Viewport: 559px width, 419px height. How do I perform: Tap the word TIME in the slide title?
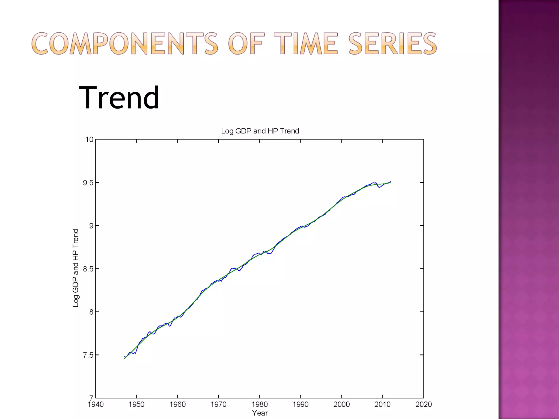306,44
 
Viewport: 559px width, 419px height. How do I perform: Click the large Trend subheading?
119,98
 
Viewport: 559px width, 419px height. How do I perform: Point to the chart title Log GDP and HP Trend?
260,131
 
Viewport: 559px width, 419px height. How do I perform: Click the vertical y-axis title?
76,268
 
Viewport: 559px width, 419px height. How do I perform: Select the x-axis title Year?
260,413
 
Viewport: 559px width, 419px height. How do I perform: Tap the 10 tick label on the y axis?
89,140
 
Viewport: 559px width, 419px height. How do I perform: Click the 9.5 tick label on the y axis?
88,183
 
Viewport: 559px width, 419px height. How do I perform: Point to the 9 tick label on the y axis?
91,226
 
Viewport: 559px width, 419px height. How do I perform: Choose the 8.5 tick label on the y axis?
88,269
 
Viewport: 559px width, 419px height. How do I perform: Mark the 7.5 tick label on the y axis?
88,355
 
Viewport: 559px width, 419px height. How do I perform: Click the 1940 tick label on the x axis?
96,404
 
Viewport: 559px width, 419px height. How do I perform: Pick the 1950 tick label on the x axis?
136,404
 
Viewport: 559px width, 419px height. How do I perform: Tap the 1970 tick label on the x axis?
218,404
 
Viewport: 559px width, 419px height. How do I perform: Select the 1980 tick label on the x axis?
260,404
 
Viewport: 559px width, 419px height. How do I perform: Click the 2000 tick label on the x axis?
341,404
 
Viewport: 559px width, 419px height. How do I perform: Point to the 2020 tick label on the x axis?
423,404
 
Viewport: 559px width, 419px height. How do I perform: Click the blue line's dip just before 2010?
379,187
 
